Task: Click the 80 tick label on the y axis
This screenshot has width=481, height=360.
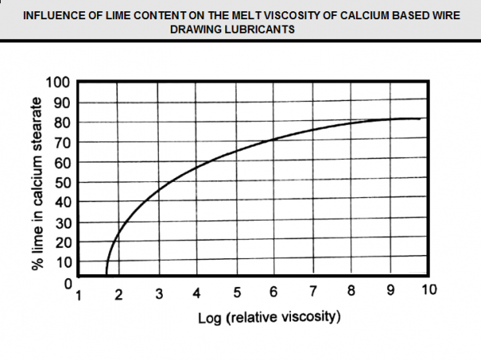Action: pos(63,123)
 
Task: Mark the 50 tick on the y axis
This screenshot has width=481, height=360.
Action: pos(63,182)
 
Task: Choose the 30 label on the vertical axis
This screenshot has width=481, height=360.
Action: pos(63,222)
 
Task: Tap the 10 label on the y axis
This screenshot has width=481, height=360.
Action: pos(63,261)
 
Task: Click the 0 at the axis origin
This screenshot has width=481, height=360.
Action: pos(69,281)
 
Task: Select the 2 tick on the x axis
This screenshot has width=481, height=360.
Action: pos(119,293)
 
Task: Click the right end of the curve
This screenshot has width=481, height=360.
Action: pos(419,119)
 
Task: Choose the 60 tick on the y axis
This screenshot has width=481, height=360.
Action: pos(63,162)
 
